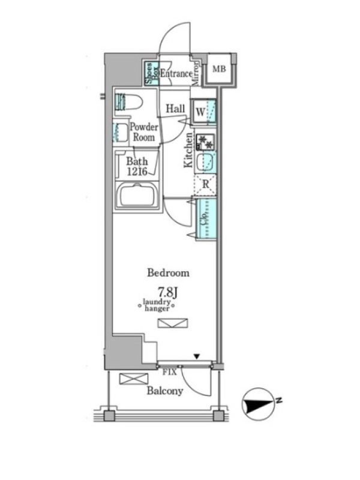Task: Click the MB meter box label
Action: pos(219,69)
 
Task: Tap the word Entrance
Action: pos(176,74)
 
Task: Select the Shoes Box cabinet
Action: pos(152,73)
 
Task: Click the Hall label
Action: pos(175,109)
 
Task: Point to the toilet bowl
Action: pos(128,102)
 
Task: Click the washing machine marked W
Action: pos(203,112)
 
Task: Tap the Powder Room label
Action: pos(143,132)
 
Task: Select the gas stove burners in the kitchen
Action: pos(205,142)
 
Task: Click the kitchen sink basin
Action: pos(204,163)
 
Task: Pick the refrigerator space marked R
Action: pos(205,185)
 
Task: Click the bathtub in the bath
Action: pos(137,196)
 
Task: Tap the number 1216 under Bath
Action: pos(137,172)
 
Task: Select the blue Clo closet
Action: pos(206,218)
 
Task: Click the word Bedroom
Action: pos(169,273)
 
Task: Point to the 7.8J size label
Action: pos(168,292)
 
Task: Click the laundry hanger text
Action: pos(157,305)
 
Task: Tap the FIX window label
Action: pos(169,372)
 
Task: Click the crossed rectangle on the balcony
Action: pos(134,379)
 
